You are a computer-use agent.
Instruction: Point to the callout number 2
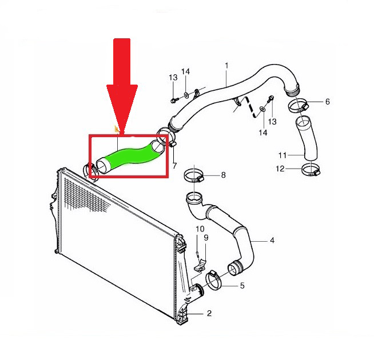click(x=209, y=313)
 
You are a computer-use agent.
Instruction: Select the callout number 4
click(x=272, y=240)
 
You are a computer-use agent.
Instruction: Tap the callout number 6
click(x=327, y=102)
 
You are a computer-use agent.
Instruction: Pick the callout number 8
click(x=223, y=175)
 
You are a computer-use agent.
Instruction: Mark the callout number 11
click(x=282, y=155)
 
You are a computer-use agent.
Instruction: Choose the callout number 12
click(x=280, y=169)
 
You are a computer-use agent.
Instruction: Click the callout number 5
click(x=241, y=285)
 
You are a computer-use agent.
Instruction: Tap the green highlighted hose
click(x=129, y=155)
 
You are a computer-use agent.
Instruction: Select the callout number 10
click(x=200, y=229)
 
